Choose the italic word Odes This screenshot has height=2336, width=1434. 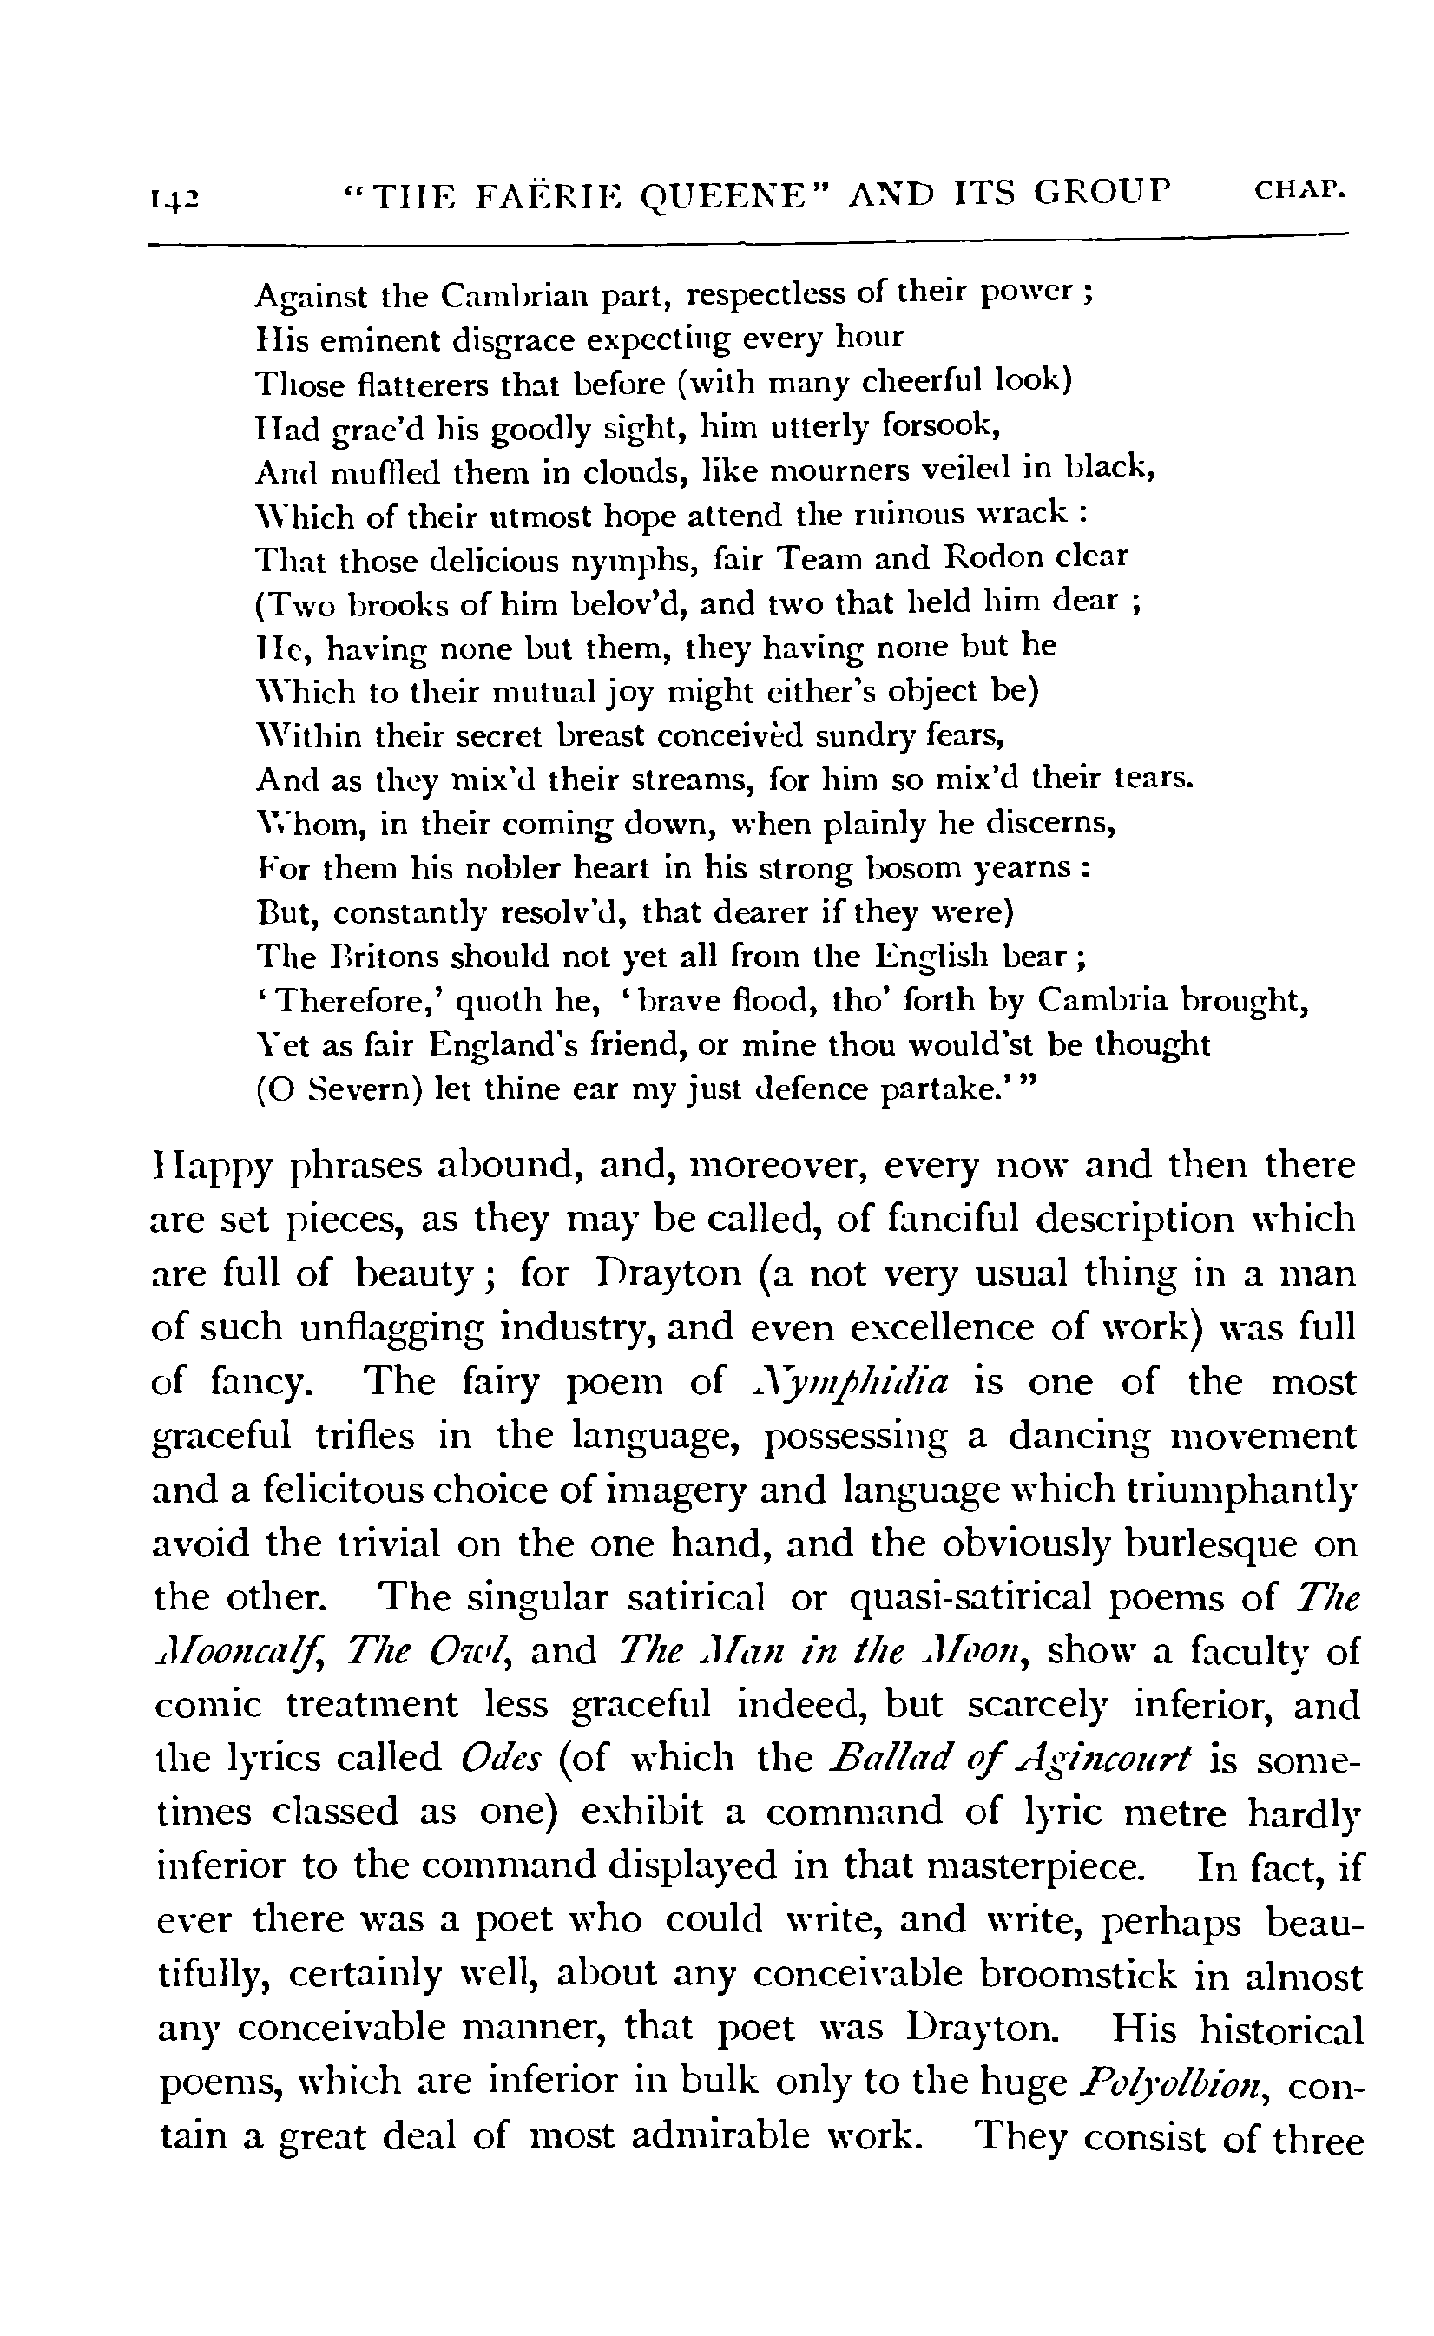(x=500, y=1760)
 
